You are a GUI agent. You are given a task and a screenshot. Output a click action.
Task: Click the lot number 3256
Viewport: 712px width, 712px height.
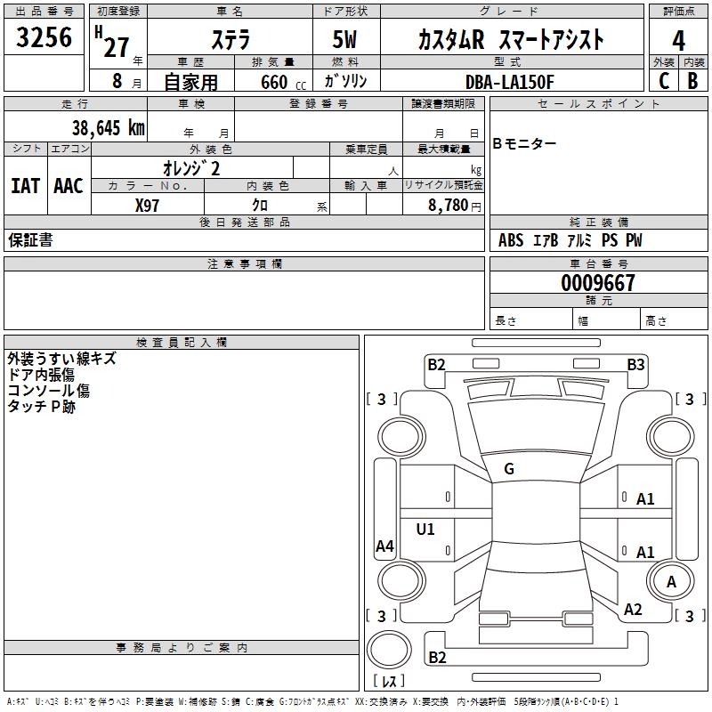point(44,37)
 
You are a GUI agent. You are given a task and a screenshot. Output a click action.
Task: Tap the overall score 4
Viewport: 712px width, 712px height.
point(678,41)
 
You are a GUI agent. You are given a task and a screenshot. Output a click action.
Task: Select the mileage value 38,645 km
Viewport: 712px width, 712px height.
point(108,128)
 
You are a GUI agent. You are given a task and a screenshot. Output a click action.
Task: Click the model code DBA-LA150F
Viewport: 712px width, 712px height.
point(509,82)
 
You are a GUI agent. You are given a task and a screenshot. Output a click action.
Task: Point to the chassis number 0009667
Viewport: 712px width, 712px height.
point(597,283)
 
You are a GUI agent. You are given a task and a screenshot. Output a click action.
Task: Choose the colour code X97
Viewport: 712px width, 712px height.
point(147,206)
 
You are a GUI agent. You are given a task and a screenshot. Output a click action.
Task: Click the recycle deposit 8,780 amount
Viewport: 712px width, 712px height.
point(449,206)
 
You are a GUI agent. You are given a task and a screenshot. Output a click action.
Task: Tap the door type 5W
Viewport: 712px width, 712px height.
point(344,39)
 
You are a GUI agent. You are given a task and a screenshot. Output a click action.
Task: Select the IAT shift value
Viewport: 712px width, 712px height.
point(26,186)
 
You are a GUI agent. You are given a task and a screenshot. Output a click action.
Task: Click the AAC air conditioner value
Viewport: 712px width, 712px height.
point(69,186)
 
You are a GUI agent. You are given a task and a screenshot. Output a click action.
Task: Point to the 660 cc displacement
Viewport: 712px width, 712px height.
point(283,82)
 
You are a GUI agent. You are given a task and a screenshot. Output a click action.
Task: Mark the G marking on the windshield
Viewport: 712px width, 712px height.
point(509,469)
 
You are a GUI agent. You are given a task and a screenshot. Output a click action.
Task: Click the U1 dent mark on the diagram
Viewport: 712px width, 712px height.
point(425,529)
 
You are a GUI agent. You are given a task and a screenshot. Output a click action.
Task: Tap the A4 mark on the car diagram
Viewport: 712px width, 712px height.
point(384,546)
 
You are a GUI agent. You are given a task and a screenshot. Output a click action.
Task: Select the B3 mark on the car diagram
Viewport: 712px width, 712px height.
point(635,365)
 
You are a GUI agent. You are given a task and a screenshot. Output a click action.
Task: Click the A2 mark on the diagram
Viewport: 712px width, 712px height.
point(633,610)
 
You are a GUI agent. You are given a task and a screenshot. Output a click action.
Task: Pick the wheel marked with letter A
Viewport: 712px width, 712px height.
point(671,582)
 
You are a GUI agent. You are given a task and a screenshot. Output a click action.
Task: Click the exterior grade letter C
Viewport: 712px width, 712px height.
point(664,81)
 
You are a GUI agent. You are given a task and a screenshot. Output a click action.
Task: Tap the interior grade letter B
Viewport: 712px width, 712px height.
point(692,81)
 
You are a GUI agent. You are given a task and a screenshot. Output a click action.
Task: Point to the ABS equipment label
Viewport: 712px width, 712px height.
point(511,239)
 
